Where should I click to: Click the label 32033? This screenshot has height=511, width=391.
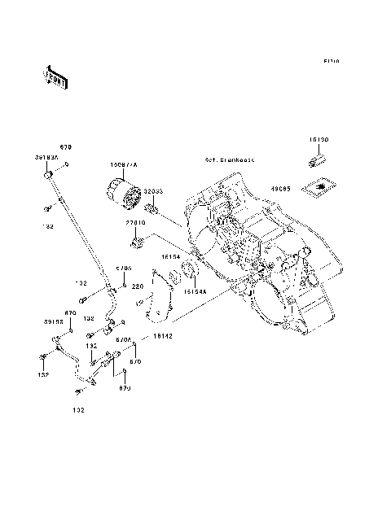(155, 190)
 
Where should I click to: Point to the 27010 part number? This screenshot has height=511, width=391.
(135, 221)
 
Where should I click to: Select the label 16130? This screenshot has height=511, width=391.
(319, 140)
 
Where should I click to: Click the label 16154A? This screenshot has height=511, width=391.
(195, 289)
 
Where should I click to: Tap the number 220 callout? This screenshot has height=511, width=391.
(138, 286)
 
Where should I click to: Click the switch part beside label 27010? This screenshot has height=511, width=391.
(136, 241)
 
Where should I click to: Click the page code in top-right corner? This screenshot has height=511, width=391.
(330, 61)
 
